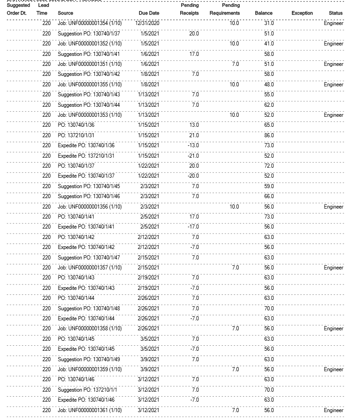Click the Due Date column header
tap(149, 13)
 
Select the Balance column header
tap(263, 13)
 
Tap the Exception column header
tap(302, 13)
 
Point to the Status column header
tap(335, 13)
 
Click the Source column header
tap(65, 13)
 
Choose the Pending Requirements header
tap(225, 10)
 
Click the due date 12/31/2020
tap(147, 23)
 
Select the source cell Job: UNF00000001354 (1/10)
tap(89, 23)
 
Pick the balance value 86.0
tap(269, 135)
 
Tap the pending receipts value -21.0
tap(193, 156)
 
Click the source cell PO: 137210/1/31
tap(76, 135)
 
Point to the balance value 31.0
tap(269, 23)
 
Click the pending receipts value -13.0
tap(193, 145)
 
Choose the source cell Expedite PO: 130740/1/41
tap(86, 227)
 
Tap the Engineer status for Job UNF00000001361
tap(333, 410)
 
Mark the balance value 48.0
tap(269, 85)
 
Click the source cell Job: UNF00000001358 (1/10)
tap(89, 328)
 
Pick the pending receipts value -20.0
tap(193, 176)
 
